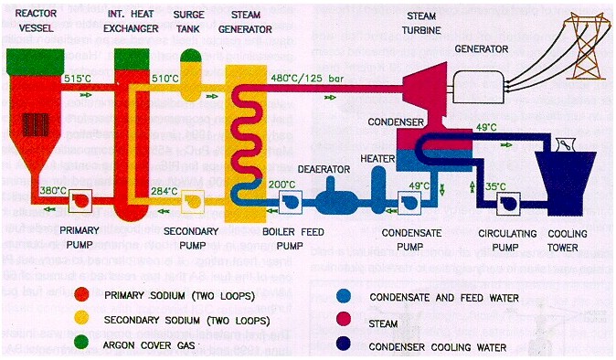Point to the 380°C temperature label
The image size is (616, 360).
(x=48, y=190)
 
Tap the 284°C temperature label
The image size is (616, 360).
(x=165, y=190)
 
